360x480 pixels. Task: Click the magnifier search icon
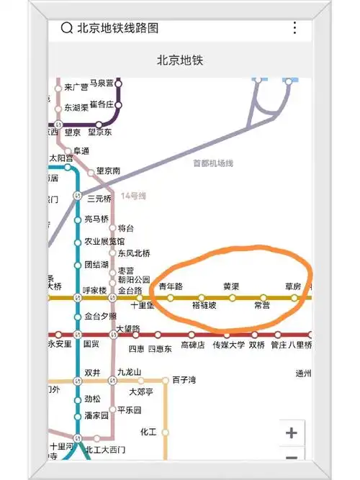(x=66, y=28)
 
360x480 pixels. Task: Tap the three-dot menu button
(x=294, y=28)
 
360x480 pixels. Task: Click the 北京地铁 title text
(x=180, y=60)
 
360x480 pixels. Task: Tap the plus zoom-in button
(x=291, y=433)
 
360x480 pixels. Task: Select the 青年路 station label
(x=171, y=286)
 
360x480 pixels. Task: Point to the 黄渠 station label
(x=231, y=286)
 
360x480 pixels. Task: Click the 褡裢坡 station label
(x=204, y=306)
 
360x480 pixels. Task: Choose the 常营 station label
(x=262, y=306)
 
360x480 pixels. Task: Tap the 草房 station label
(x=292, y=286)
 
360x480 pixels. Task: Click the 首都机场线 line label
(x=214, y=163)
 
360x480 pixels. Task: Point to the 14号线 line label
(x=133, y=196)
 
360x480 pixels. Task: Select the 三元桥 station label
(x=99, y=198)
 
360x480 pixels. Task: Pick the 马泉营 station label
(x=102, y=83)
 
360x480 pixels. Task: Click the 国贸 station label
(x=91, y=345)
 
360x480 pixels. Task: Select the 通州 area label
(x=303, y=373)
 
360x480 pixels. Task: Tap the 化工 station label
(x=148, y=432)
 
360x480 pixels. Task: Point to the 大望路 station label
(x=127, y=330)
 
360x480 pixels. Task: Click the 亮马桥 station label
(x=96, y=219)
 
